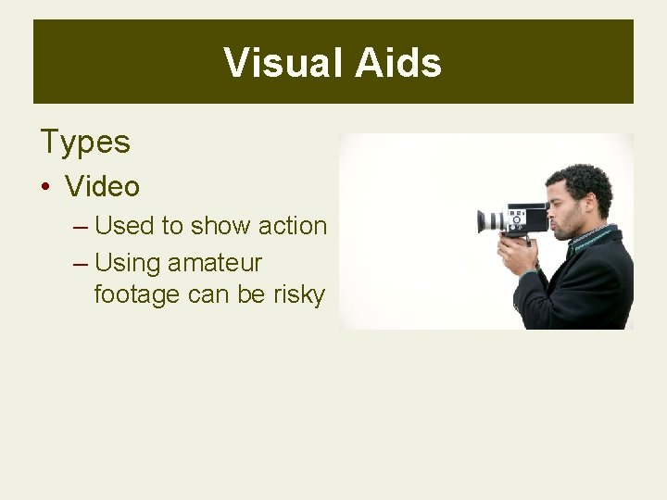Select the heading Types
tap(85, 143)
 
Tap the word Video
tap(103, 186)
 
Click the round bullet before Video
tap(45, 187)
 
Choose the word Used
tap(125, 226)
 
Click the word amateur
tap(215, 264)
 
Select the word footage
tap(138, 295)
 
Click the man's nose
tap(552, 207)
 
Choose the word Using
tap(129, 264)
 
